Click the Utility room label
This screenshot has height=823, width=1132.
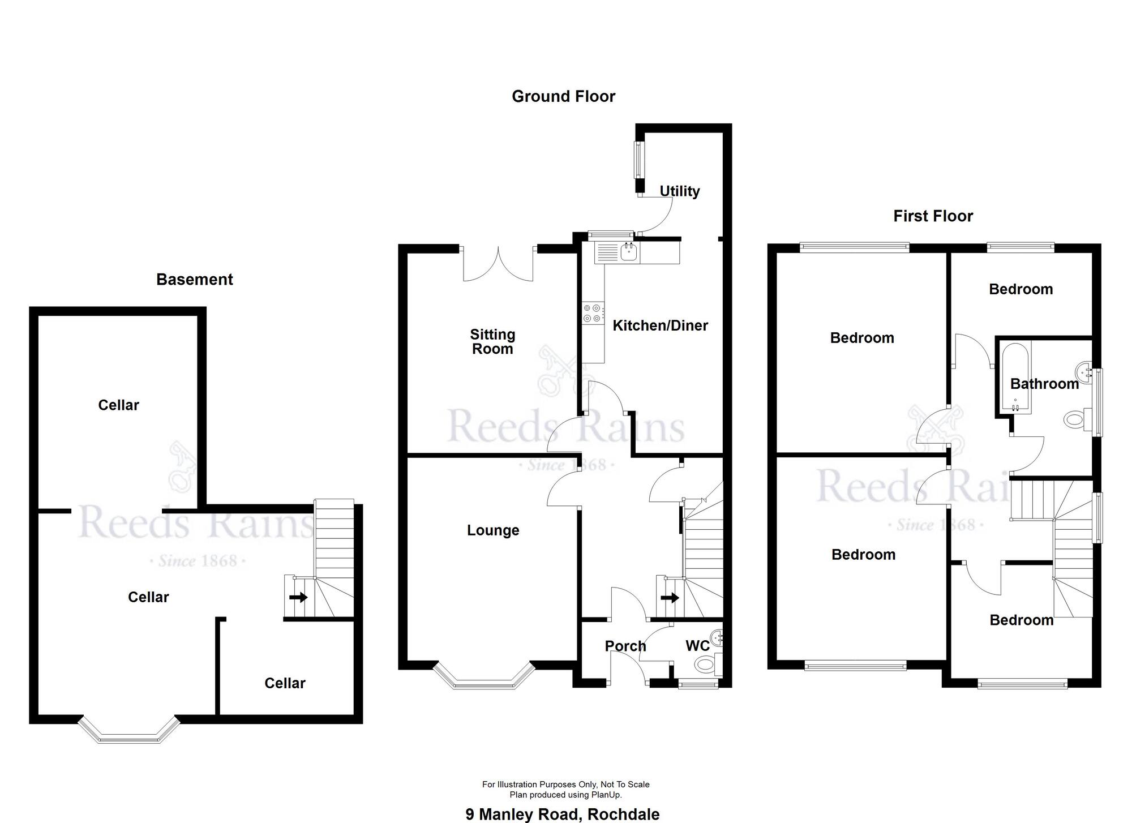[680, 191]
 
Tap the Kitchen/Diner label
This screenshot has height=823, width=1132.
[660, 325]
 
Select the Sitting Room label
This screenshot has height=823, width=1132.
[492, 341]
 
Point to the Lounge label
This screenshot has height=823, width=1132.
[493, 530]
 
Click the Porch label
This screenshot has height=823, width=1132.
[625, 646]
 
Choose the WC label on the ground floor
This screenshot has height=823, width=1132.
[697, 646]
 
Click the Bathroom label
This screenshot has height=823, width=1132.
[1044, 384]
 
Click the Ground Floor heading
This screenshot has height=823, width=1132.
[563, 96]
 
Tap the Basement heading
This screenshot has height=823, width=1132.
[195, 279]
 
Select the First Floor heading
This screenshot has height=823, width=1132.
[933, 216]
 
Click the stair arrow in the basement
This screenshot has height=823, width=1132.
[298, 597]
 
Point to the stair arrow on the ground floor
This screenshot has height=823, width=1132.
[670, 598]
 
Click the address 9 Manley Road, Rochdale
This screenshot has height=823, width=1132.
[563, 815]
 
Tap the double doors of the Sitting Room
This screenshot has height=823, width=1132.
[498, 263]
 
